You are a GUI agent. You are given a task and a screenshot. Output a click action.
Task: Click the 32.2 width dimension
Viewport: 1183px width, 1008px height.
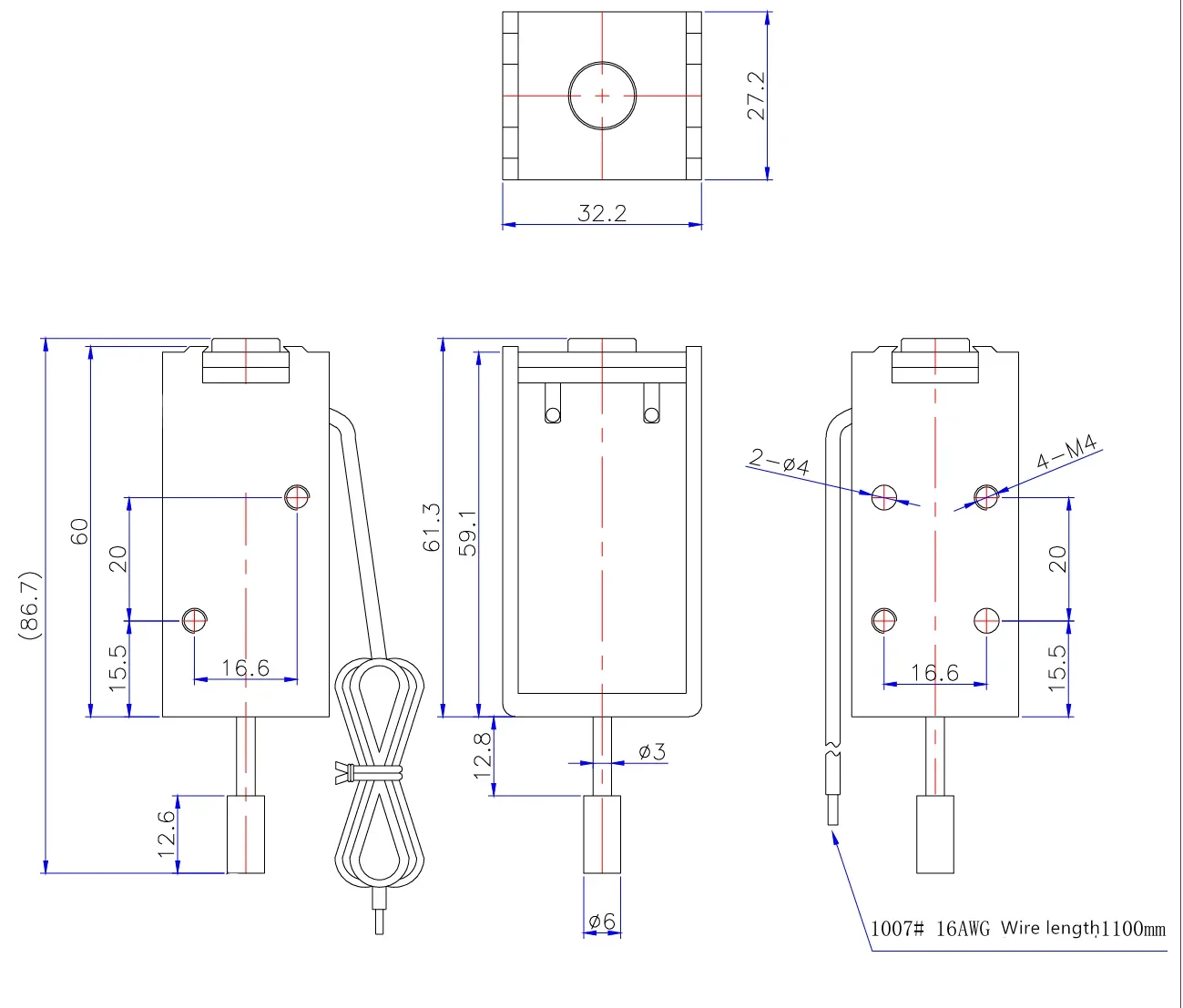click(x=602, y=213)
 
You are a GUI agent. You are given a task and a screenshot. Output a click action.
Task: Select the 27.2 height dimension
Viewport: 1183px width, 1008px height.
click(x=756, y=96)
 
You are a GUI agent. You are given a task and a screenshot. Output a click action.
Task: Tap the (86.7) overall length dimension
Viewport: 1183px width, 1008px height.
click(x=29, y=605)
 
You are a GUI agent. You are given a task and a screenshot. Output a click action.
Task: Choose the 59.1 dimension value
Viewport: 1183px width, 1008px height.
click(x=466, y=532)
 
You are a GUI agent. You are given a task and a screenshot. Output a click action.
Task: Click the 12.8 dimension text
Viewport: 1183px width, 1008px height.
click(x=482, y=755)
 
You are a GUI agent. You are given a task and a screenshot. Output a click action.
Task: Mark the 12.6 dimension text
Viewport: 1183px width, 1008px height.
click(x=166, y=833)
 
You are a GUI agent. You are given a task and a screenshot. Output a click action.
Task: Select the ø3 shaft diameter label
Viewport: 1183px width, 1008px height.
click(x=651, y=751)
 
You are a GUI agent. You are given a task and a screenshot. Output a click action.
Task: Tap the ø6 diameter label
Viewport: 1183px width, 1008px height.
click(x=601, y=921)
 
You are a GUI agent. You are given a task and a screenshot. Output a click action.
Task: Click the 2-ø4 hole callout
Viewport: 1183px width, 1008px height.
click(x=779, y=462)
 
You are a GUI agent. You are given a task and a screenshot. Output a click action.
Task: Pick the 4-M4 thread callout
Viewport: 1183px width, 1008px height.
click(x=1066, y=453)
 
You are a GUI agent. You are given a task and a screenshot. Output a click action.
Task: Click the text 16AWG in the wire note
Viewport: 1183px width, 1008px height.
click(x=962, y=929)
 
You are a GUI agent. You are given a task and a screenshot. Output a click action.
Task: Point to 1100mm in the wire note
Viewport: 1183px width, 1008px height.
click(x=1133, y=929)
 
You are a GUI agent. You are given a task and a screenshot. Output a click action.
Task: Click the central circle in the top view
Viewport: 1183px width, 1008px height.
click(x=602, y=96)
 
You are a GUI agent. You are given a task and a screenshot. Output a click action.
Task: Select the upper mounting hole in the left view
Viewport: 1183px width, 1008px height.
click(x=297, y=497)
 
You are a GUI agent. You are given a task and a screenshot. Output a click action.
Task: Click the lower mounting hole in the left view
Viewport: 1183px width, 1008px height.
click(x=194, y=620)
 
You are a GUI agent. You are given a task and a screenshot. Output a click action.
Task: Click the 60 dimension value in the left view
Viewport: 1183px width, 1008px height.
click(x=80, y=531)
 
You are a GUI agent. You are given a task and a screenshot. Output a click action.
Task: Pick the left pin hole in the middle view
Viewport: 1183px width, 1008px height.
click(x=553, y=415)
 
